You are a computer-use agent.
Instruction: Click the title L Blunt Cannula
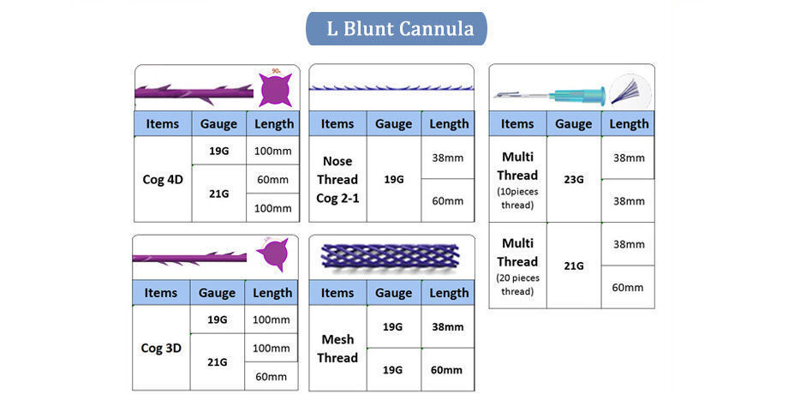(397, 28)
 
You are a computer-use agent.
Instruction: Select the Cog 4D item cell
(163, 179)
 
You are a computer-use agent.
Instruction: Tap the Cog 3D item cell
(161, 349)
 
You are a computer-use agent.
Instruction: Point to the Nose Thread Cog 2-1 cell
(337, 179)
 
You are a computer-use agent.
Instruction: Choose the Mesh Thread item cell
(337, 349)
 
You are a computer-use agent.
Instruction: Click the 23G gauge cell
(573, 179)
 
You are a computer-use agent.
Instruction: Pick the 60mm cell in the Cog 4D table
(272, 179)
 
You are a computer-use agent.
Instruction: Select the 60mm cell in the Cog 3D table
(271, 376)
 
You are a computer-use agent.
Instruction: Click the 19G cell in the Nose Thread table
(393, 179)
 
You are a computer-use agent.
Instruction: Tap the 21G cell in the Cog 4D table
(218, 194)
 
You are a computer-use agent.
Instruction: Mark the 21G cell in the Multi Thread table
(573, 266)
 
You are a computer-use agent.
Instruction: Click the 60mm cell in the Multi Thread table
(628, 288)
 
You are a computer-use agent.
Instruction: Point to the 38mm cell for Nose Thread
(447, 158)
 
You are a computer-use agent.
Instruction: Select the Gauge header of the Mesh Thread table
(393, 292)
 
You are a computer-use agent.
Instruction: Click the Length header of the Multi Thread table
(628, 123)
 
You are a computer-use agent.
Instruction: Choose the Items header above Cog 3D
(161, 292)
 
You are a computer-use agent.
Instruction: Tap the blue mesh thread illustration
(390, 256)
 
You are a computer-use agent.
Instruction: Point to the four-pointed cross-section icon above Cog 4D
(275, 89)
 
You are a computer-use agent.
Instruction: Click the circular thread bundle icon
(630, 92)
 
